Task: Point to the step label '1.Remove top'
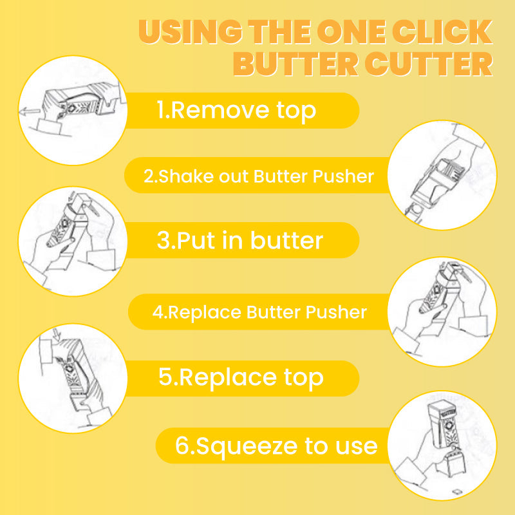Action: pyautogui.click(x=237, y=111)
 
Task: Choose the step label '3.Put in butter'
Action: pyautogui.click(x=239, y=240)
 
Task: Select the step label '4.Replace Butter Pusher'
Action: pyautogui.click(x=259, y=313)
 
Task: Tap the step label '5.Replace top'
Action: pyautogui.click(x=241, y=378)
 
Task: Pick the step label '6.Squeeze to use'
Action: pyautogui.click(x=276, y=445)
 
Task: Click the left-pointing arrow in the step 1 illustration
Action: pyautogui.click(x=28, y=112)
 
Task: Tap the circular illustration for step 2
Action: pyautogui.click(x=443, y=175)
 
